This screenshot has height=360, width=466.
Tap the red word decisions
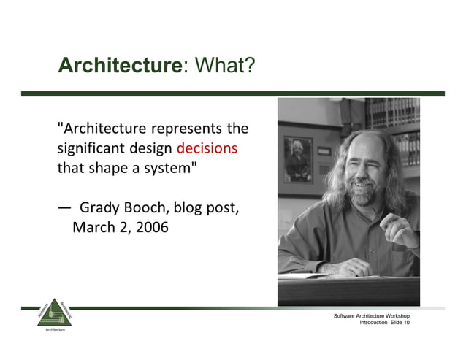pos(207,148)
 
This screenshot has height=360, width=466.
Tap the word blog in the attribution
pos(188,208)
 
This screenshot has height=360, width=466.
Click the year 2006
pos(152,227)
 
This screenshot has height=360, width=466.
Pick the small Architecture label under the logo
pos(51,331)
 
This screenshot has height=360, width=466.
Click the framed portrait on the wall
pos(297,158)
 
